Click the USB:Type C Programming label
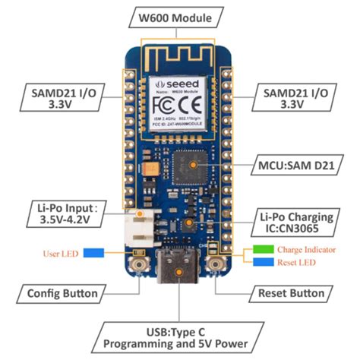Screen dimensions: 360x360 pyautogui.click(x=180, y=338)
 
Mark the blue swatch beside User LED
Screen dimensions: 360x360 pyautogui.click(x=94, y=252)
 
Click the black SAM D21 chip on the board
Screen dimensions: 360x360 pyautogui.click(x=196, y=163)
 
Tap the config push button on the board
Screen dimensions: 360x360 pyautogui.click(x=140, y=266)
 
